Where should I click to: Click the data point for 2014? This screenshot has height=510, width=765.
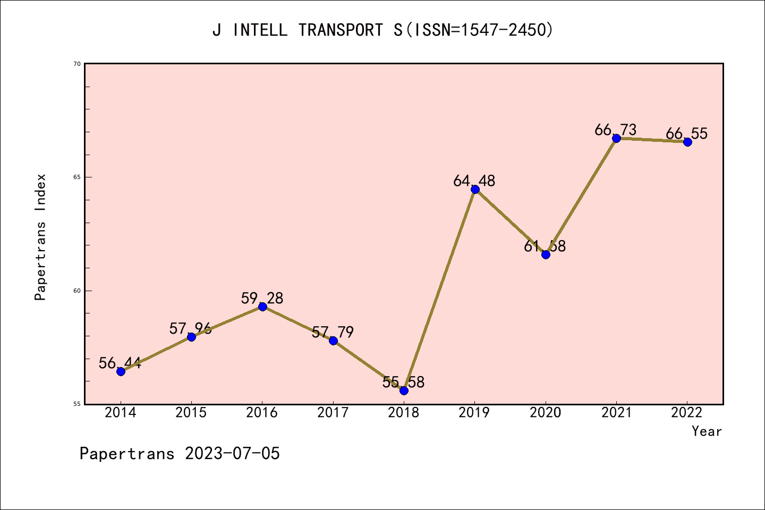click(x=121, y=371)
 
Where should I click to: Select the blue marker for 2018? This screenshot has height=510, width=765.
click(x=404, y=390)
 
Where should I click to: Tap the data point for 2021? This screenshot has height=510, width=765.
click(x=616, y=138)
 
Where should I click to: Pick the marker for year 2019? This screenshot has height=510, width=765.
click(x=475, y=190)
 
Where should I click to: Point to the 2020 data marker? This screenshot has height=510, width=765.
click(x=546, y=254)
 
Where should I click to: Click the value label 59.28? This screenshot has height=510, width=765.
click(x=262, y=299)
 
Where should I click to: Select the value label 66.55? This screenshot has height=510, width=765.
click(x=686, y=134)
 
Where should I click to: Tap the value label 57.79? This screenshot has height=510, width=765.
click(x=333, y=333)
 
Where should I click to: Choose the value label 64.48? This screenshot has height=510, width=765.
click(x=474, y=181)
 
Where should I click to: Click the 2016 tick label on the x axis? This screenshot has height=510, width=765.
click(x=262, y=413)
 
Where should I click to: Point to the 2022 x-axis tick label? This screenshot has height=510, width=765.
click(x=687, y=413)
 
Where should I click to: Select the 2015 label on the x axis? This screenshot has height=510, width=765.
click(x=191, y=413)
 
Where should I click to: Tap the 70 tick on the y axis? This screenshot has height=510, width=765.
click(x=77, y=64)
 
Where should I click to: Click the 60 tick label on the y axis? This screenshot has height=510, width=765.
click(x=77, y=291)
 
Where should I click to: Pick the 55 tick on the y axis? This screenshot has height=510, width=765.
click(x=77, y=404)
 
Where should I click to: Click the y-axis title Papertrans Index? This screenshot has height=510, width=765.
click(x=41, y=237)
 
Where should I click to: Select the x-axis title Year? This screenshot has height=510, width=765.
click(x=707, y=431)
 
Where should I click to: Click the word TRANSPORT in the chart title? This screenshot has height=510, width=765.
click(x=340, y=30)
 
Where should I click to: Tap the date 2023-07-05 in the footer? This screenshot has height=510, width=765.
click(x=232, y=454)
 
